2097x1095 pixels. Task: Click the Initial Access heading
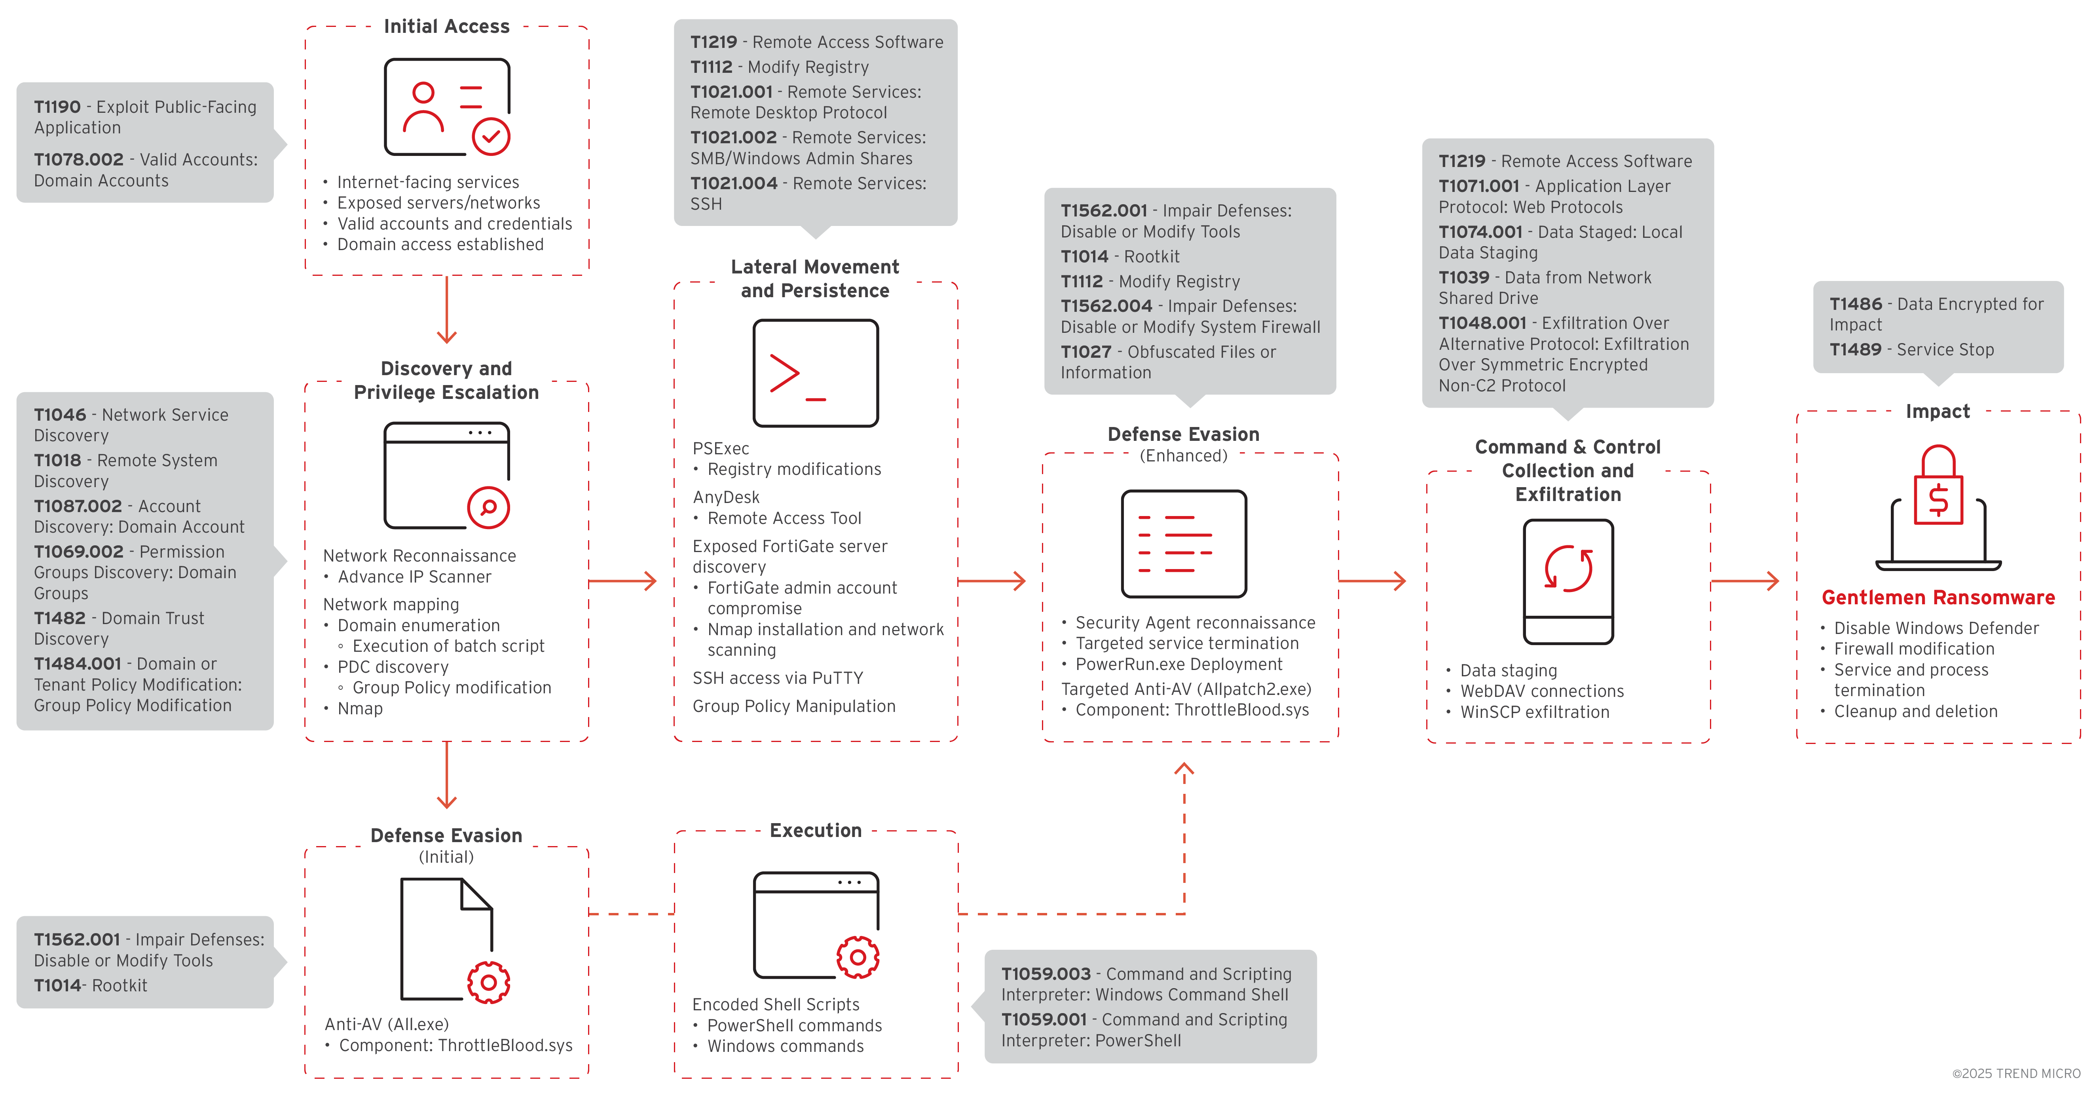point(446,27)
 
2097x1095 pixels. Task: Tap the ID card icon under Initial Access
point(447,106)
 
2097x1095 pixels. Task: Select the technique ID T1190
point(57,106)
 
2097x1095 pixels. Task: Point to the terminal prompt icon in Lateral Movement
point(815,373)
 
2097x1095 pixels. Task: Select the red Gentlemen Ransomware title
point(1938,598)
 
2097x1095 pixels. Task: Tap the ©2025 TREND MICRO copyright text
point(2015,1073)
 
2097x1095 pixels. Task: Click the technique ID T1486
point(1855,304)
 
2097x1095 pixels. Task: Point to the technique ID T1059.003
point(1045,974)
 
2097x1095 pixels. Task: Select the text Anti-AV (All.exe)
point(387,1024)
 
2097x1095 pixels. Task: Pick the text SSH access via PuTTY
point(777,678)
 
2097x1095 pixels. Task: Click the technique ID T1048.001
point(1482,323)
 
